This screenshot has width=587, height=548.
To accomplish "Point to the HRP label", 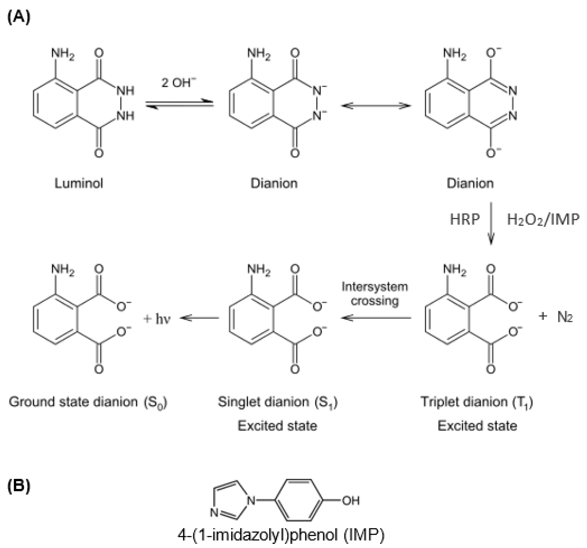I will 465,219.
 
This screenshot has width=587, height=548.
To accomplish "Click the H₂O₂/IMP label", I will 543,219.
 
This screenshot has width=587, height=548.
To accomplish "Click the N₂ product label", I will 565,317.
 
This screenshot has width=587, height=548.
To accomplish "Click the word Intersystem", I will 375,286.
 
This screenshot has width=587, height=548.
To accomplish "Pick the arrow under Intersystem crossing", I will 376,318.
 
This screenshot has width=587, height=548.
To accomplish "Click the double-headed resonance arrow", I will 376,106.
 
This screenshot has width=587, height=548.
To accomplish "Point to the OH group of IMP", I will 351,500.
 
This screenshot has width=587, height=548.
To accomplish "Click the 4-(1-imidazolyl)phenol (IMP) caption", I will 281,535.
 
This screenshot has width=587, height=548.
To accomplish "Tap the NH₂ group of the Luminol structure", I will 63,54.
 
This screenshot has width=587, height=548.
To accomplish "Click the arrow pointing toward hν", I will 199,318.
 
